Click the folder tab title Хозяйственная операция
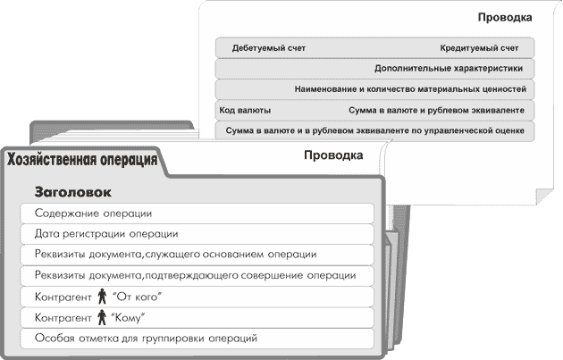tap(82, 161)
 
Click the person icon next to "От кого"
tap(101, 297)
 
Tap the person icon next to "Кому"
tap(101, 317)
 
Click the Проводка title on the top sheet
tap(505, 17)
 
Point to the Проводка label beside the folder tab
tap(332, 155)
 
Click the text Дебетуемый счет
tap(268, 46)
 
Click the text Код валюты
tap(245, 110)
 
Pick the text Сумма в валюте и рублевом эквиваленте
tap(441, 110)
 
